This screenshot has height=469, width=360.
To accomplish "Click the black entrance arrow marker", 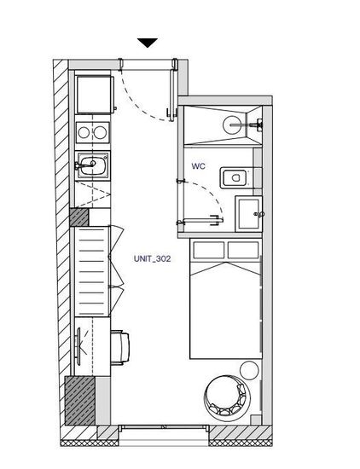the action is click(148, 43).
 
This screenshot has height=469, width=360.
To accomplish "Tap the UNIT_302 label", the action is click(153, 258).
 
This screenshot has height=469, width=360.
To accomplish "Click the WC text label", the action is click(199, 166).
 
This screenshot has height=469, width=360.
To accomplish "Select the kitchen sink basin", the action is click(91, 165).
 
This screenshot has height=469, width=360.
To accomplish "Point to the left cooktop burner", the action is click(84, 132).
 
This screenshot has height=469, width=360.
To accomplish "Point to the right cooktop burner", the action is click(101, 132).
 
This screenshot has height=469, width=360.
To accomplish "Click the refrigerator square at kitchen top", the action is click(94, 95).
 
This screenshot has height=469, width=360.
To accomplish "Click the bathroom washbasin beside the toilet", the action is click(249, 214).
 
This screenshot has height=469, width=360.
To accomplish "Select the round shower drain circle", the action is click(232, 125).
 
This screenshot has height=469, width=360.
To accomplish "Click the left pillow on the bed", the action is click(209, 250).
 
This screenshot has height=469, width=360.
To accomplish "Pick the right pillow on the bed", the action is click(243, 250).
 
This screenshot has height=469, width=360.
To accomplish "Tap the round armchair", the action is click(227, 396).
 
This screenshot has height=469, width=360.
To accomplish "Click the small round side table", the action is click(249, 370).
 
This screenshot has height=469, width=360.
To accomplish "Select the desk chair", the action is click(120, 348).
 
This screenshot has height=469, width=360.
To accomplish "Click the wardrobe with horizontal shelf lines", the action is click(92, 271).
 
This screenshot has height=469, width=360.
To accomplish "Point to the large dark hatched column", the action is click(80, 401).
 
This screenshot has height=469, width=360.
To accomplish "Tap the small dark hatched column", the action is click(79, 217).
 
